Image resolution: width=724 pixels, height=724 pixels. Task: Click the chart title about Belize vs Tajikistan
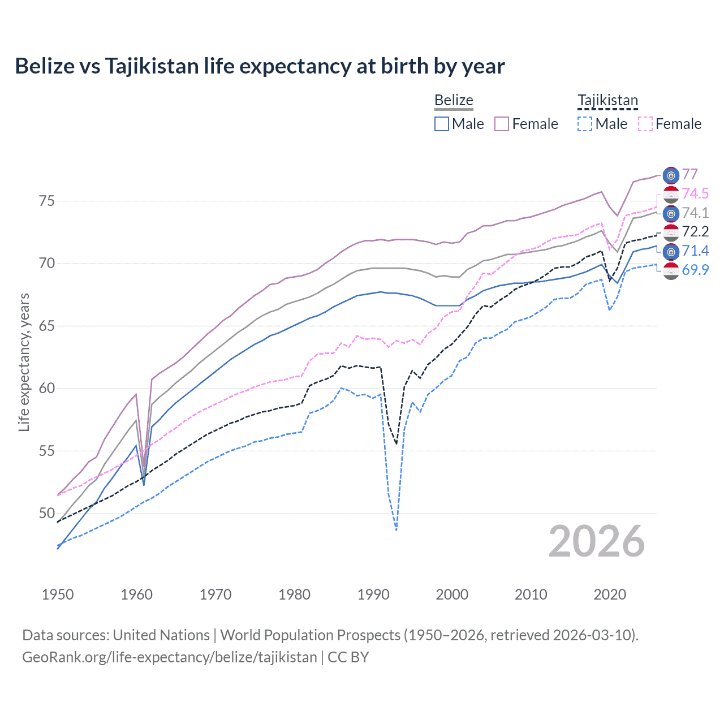pos(260,66)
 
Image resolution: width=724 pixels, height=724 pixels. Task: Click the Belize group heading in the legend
pos(454,100)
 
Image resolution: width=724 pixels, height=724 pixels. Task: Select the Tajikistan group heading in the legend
pos(607,100)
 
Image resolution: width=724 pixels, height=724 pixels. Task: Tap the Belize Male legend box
pos(442,124)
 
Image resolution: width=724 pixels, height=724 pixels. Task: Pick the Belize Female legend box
pos(502,124)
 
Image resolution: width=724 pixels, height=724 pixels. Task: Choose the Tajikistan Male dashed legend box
pos(585,124)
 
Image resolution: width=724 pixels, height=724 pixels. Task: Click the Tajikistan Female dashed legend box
pos(645,124)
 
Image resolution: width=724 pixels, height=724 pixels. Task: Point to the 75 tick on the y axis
pos(46,201)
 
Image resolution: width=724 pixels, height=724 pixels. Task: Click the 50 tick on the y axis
pos(46,514)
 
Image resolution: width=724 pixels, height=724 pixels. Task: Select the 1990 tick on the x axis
pos(373,594)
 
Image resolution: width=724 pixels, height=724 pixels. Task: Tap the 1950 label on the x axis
pos(58,594)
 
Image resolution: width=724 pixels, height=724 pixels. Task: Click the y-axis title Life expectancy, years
pos(24,362)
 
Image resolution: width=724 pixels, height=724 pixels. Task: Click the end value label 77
pos(689,174)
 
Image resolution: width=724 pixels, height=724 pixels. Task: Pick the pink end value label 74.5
pos(695,193)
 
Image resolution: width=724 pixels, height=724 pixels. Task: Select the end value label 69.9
pos(695,270)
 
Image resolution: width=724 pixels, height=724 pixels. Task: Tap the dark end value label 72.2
pos(695,231)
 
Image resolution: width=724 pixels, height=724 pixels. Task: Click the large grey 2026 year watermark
pos(597,541)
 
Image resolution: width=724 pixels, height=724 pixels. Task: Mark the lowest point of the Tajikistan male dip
pos(396,530)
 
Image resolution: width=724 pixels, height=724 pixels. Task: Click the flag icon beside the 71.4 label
pos(671,251)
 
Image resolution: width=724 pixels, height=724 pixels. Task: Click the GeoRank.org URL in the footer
pos(170,657)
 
